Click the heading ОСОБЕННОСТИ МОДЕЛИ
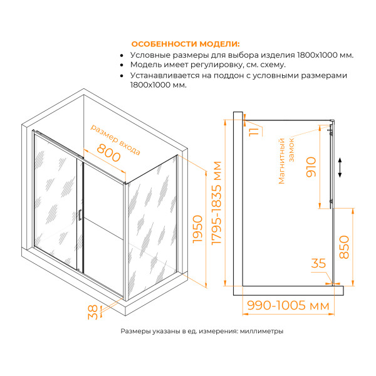click(184, 44)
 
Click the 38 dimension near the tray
click(93, 312)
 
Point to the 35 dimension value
click(318, 264)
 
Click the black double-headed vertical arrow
click(340, 168)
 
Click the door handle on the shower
click(80, 214)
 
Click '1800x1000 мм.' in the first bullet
click(323, 55)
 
